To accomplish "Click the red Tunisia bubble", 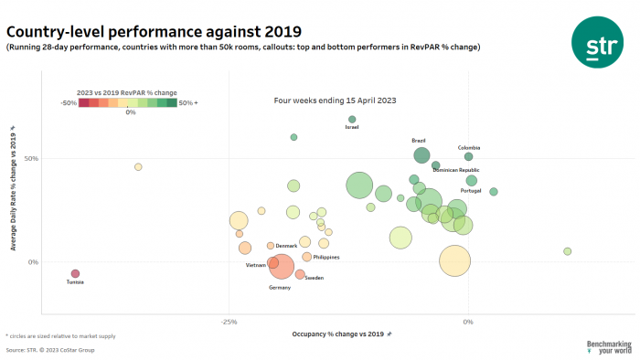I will click(75, 273).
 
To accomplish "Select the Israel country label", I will click(352, 128).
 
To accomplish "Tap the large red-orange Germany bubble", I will click(282, 267).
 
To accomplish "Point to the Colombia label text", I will click(469, 147).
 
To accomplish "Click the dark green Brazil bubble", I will click(421, 154).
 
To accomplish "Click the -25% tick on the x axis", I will click(229, 322).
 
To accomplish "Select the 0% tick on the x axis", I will click(468, 322).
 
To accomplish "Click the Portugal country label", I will click(471, 191).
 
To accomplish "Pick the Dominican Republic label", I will click(456, 170).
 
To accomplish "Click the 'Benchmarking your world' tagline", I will click(608, 347).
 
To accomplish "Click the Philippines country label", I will click(326, 258).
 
